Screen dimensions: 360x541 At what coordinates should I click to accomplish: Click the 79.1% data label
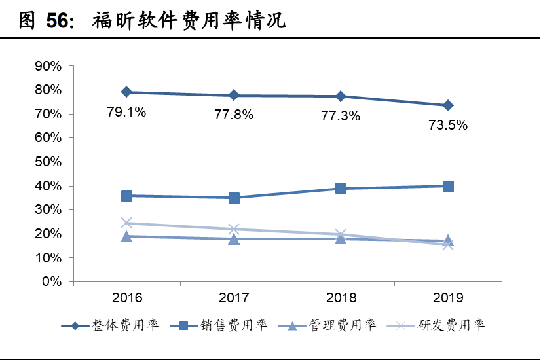[x=126, y=112]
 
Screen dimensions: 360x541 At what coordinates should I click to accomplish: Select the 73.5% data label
[x=449, y=126]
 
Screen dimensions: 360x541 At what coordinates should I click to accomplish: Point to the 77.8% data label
[x=234, y=115]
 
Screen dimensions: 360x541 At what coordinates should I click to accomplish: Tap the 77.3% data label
[x=341, y=116]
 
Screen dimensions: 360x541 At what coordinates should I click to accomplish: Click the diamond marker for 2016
[x=126, y=92]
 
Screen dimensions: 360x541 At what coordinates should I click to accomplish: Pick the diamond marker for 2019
[x=448, y=105]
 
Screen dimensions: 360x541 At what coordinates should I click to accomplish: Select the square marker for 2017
[x=234, y=198]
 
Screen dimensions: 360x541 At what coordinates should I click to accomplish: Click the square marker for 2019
[x=448, y=186]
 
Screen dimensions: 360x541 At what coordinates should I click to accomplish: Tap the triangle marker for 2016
[x=126, y=236]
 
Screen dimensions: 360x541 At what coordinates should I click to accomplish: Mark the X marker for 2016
[x=126, y=223]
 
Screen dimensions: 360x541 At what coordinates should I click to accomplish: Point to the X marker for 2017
[x=234, y=229]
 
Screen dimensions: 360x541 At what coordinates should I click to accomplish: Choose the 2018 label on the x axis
[x=341, y=298]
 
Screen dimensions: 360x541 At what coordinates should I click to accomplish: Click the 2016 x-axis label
[x=126, y=298]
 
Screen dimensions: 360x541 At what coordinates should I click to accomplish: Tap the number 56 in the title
[x=57, y=22]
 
